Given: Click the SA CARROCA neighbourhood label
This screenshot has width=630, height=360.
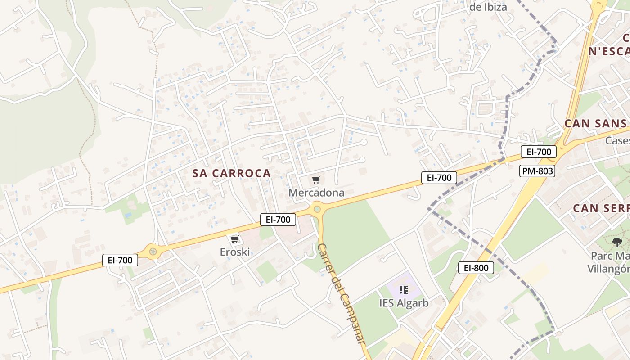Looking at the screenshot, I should click(x=232, y=173).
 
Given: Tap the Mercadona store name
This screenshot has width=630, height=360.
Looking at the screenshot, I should click(x=316, y=193).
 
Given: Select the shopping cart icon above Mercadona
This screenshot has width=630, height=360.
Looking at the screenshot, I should click(x=316, y=180).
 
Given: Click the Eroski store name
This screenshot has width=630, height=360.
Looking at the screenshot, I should click(x=235, y=252).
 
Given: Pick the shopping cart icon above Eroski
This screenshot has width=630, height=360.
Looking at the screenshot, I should click(x=234, y=239).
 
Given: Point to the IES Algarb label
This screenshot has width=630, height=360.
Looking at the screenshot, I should click(x=404, y=303).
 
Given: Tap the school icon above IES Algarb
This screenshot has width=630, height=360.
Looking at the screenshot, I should click(x=404, y=290).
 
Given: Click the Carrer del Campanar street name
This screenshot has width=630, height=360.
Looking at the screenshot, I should click(x=341, y=294).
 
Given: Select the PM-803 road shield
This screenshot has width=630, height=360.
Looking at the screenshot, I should click(x=537, y=171).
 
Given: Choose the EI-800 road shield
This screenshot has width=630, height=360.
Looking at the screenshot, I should click(x=476, y=268).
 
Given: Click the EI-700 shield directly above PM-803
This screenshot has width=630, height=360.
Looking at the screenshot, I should click(x=539, y=152).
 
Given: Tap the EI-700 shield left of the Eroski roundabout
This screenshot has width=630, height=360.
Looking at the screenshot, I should click(x=120, y=260).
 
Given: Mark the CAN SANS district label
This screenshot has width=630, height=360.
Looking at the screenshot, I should click(x=595, y=123).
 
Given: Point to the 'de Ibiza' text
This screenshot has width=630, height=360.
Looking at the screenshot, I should click(x=488, y=7).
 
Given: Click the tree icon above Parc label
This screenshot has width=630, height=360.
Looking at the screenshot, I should click(x=617, y=242).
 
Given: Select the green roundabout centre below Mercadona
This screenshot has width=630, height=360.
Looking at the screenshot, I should click(x=317, y=209).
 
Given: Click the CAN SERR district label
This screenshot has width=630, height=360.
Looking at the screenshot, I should click(x=601, y=208).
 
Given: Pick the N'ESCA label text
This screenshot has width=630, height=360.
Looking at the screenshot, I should click(x=608, y=51).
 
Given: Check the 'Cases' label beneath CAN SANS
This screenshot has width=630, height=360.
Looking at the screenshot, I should click(x=617, y=141).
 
